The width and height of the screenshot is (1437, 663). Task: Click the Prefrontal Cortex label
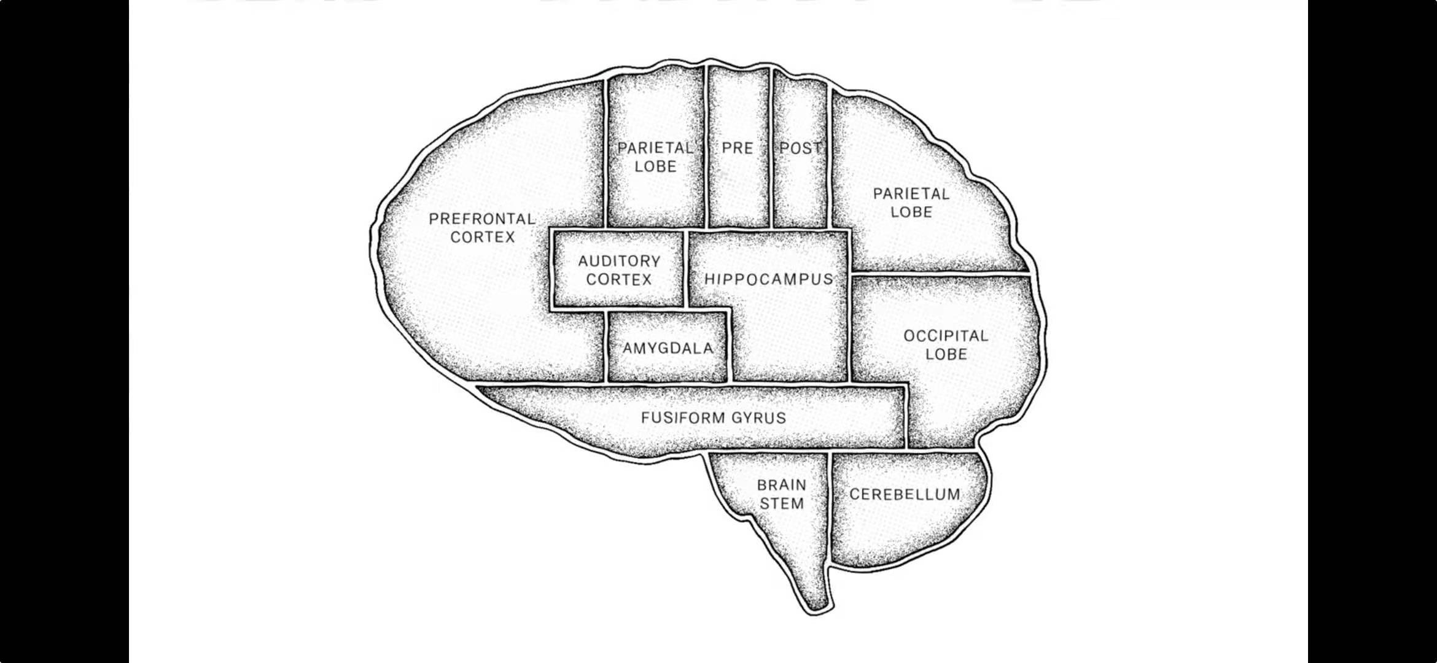(482, 228)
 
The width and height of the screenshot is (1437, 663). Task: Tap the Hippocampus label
(769, 279)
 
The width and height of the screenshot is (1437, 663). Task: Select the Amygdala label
(668, 348)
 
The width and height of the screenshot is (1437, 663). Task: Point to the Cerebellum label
(905, 494)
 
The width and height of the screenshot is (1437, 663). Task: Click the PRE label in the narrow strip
(738, 148)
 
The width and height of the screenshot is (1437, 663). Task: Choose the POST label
(800, 148)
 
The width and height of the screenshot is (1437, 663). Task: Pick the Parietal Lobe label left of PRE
(655, 157)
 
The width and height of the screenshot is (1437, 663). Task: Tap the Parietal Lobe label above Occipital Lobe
(911, 203)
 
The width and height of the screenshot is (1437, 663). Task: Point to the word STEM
(782, 504)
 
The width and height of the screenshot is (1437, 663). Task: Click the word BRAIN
(782, 485)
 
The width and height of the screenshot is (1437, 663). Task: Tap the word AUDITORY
(619, 261)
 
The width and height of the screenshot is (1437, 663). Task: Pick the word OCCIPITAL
(946, 336)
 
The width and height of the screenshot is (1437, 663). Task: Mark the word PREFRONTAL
(482, 219)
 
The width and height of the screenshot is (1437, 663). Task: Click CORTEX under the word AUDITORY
(619, 279)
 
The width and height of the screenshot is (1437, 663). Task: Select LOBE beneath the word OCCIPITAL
(946, 354)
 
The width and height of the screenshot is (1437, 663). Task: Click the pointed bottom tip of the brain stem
(817, 608)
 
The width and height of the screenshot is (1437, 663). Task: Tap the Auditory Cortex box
(618, 270)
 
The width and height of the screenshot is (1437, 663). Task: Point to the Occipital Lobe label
(946, 345)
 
